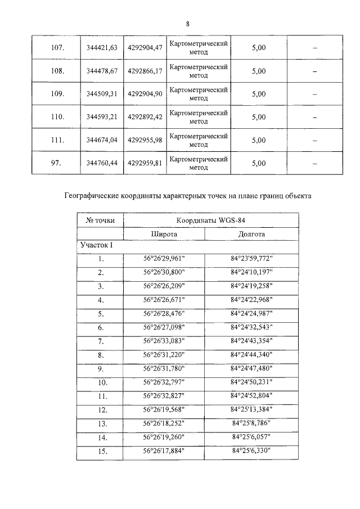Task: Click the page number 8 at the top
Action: click(187, 24)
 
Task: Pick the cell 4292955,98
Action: click(145, 141)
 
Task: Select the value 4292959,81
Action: click(145, 164)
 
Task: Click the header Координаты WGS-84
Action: click(210, 220)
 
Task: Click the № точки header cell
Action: click(100, 220)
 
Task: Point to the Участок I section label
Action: click(98, 246)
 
